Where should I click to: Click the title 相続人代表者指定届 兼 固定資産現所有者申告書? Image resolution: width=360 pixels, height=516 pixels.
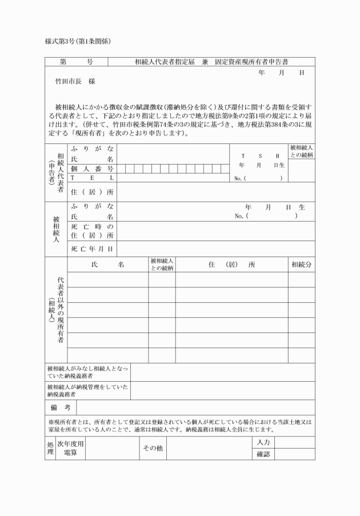pyautogui.click(x=216, y=61)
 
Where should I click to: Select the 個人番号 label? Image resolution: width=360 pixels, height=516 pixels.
pyautogui.click(x=92, y=169)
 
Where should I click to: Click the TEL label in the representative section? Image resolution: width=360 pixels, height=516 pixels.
pyautogui.click(x=92, y=178)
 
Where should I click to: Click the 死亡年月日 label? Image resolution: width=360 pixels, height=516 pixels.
pyautogui.click(x=92, y=249)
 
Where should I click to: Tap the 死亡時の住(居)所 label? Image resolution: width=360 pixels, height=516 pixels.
pyautogui.click(x=92, y=231)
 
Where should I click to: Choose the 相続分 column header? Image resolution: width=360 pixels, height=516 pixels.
pyautogui.click(x=301, y=265)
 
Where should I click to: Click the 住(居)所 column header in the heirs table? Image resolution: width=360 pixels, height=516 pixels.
pyautogui.click(x=231, y=265)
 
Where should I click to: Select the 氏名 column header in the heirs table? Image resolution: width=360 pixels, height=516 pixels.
pyautogui.click(x=107, y=265)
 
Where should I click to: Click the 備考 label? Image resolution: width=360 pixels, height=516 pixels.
pyautogui.click(x=59, y=407)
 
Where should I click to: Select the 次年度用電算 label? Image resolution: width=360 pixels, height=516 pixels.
pyautogui.click(x=70, y=449)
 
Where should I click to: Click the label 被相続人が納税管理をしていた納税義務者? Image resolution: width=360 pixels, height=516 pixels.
pyautogui.click(x=87, y=390)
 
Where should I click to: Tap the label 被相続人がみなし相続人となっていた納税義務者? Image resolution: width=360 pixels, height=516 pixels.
pyautogui.click(x=87, y=373)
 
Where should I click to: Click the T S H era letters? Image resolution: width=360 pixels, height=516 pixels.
pyautogui.click(x=260, y=155)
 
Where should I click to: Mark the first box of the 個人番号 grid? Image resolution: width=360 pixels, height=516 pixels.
pyautogui.click(x=122, y=169)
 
